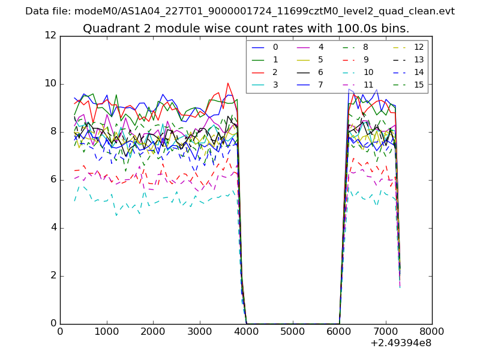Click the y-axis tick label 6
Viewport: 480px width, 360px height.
coord(53,179)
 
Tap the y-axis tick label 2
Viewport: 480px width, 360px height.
coord(53,276)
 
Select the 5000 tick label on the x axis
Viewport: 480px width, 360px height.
coord(292,331)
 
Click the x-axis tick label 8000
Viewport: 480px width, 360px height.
coord(432,331)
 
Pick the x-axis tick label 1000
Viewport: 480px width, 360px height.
coord(106,331)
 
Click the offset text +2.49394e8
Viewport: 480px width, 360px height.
coord(401,343)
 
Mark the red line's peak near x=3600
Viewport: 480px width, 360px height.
coord(227,83)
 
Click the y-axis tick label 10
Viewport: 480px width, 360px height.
coord(50,83)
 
